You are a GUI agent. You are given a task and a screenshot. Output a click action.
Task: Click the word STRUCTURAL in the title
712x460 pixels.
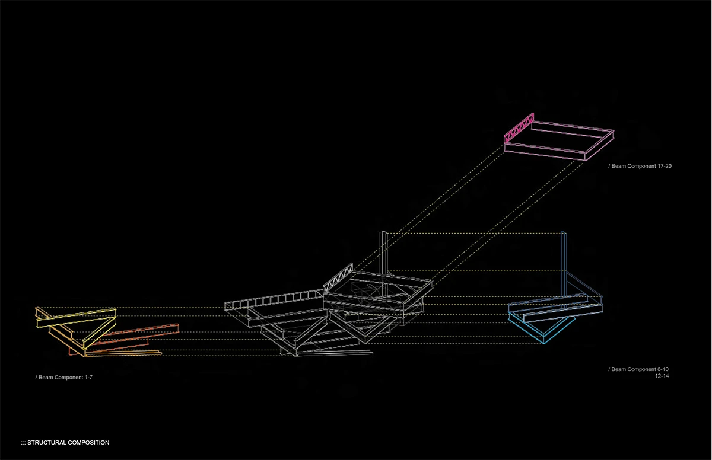coord(47,443)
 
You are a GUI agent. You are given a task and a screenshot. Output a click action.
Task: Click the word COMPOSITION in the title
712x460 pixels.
coord(88,443)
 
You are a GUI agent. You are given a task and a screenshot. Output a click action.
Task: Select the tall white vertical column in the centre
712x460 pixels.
coord(386,252)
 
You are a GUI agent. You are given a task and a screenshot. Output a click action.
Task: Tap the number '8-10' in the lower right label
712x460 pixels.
coord(663,369)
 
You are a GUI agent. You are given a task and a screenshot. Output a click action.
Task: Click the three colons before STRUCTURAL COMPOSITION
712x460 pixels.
coord(23,443)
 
